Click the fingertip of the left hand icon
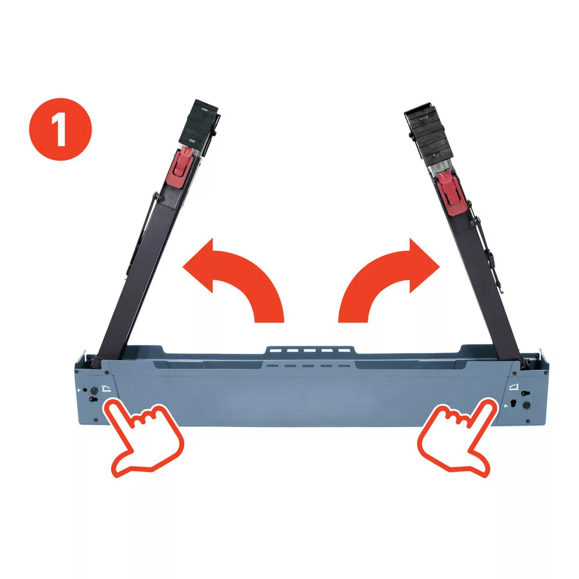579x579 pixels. [111, 405]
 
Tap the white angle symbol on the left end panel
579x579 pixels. [106, 388]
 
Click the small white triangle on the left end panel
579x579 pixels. [79, 390]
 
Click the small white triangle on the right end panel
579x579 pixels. [506, 406]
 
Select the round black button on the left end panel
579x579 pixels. [93, 390]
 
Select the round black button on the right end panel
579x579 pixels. [526, 405]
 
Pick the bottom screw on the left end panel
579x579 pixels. [96, 420]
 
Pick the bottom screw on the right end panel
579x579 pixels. [527, 422]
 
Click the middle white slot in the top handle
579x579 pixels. [310, 350]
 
